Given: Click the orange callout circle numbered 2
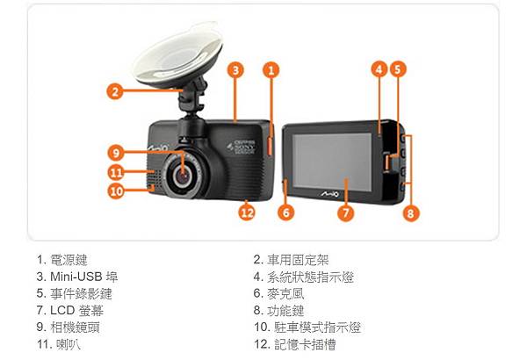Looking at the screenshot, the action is [115, 91].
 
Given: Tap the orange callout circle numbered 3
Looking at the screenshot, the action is [235, 70].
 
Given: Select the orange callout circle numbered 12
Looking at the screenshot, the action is [247, 212].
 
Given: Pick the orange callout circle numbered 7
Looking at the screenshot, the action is [346, 212].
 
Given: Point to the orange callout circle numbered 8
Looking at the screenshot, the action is [411, 212].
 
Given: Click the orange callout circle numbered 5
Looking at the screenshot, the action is [398, 69].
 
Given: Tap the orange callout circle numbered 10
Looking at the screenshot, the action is [116, 191].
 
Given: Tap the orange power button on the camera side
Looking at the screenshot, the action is [270, 146].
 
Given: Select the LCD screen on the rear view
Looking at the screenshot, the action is [332, 162].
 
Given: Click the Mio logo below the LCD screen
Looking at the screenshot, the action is [329, 194].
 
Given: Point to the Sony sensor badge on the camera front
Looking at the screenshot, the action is [242, 147].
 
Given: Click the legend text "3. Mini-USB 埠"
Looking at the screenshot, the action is [77, 277].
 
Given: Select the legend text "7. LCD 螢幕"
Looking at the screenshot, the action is [70, 311].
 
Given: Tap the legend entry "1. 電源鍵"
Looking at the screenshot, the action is [62, 260].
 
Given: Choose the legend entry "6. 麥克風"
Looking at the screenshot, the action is [278, 294].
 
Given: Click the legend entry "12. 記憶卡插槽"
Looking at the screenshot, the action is [295, 344].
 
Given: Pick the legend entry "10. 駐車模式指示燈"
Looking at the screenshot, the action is [307, 328].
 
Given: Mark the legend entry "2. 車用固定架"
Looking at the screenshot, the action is [291, 260].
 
